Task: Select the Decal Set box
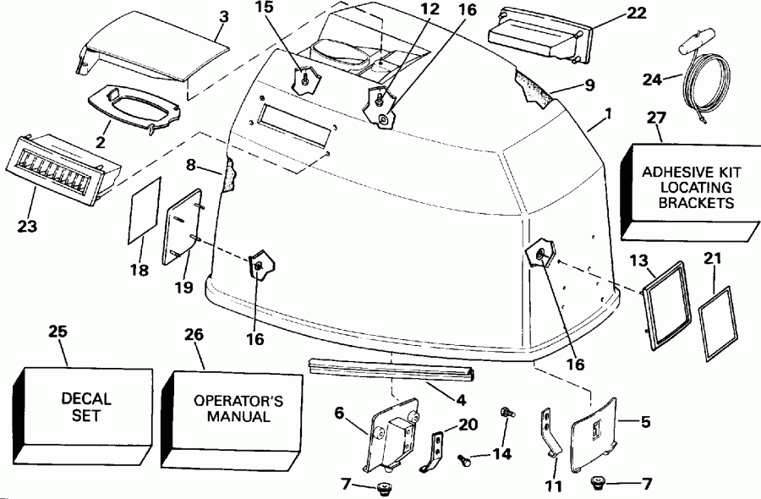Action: point(85,407)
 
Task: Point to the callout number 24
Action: point(650,80)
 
